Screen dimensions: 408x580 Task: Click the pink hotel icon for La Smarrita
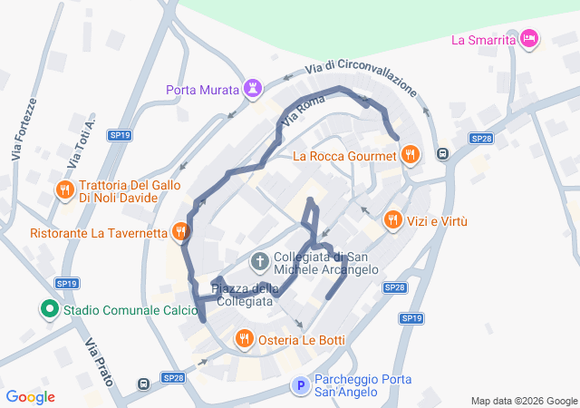click(x=530, y=39)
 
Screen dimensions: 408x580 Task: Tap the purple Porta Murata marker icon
click(x=252, y=89)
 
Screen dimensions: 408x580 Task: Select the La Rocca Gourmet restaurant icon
click(x=411, y=155)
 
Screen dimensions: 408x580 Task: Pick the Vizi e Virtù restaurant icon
click(x=392, y=219)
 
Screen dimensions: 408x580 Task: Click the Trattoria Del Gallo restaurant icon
click(x=64, y=189)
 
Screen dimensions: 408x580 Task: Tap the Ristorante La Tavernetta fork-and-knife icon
click(x=180, y=232)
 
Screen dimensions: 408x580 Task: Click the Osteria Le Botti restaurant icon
click(x=244, y=339)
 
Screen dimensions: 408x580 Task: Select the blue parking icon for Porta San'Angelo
click(x=300, y=386)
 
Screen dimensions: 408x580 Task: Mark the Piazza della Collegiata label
click(x=245, y=295)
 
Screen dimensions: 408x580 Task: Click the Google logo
click(x=30, y=397)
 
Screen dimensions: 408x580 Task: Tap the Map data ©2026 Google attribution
click(x=523, y=401)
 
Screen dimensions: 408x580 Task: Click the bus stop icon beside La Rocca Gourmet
click(x=443, y=153)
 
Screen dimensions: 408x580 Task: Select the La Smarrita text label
click(x=483, y=40)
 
